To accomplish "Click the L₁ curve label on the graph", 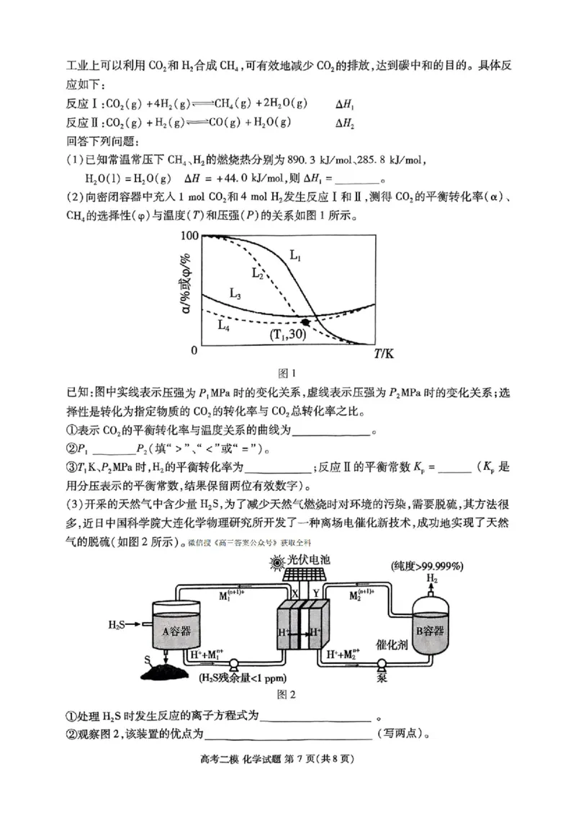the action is pyautogui.click(x=296, y=254).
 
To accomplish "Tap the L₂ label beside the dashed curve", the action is pyautogui.click(x=257, y=272).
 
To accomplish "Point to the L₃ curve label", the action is pyautogui.click(x=235, y=293).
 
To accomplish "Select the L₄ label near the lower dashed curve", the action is pyautogui.click(x=224, y=324).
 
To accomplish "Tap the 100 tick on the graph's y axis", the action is pyautogui.click(x=188, y=236).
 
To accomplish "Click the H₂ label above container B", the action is pyautogui.click(x=431, y=577).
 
